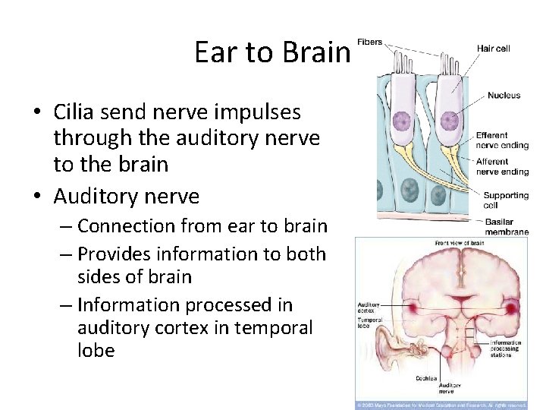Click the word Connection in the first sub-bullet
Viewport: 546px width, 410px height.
pos(128,226)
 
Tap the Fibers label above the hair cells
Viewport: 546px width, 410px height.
pos(369,43)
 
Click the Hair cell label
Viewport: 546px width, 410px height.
pos(493,49)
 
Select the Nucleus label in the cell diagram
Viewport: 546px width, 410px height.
pos(504,96)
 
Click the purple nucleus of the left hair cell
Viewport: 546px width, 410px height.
pos(401,121)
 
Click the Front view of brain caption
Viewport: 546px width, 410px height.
pos(459,244)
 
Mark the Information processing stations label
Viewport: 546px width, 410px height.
pos(505,348)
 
